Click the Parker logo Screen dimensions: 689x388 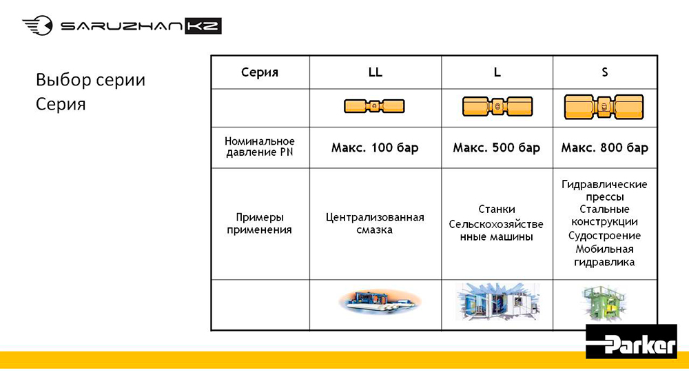tap(631, 341)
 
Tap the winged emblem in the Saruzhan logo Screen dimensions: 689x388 tap(38, 25)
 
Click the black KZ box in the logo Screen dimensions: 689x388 tap(203, 26)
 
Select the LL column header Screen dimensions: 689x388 tap(376, 72)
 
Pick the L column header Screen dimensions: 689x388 tap(497, 72)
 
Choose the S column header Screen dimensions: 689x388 tap(605, 72)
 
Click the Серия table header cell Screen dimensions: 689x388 tap(260, 72)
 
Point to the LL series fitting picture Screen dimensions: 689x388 tap(374, 106)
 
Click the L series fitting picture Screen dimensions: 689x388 tap(497, 106)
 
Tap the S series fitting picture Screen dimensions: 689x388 tap(604, 107)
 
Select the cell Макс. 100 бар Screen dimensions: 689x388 tap(375, 147)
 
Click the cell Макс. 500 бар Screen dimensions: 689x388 tap(497, 147)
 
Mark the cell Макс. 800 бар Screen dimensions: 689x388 tap(605, 147)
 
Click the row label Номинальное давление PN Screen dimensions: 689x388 tap(260, 147)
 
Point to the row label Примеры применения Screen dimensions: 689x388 tap(259, 223)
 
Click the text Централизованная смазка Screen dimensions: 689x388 tap(375, 223)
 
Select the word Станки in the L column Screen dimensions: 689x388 tap(497, 209)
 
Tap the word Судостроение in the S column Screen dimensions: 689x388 tap(604, 236)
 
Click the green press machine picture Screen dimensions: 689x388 tap(605, 303)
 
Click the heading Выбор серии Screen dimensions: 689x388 tap(90, 80)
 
